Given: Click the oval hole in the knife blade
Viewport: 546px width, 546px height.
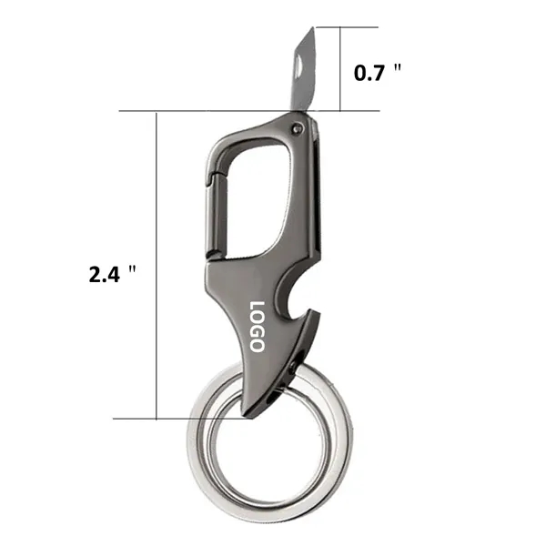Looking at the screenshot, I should point(299,65).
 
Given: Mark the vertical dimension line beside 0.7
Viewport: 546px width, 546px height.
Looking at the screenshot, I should point(342,69).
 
